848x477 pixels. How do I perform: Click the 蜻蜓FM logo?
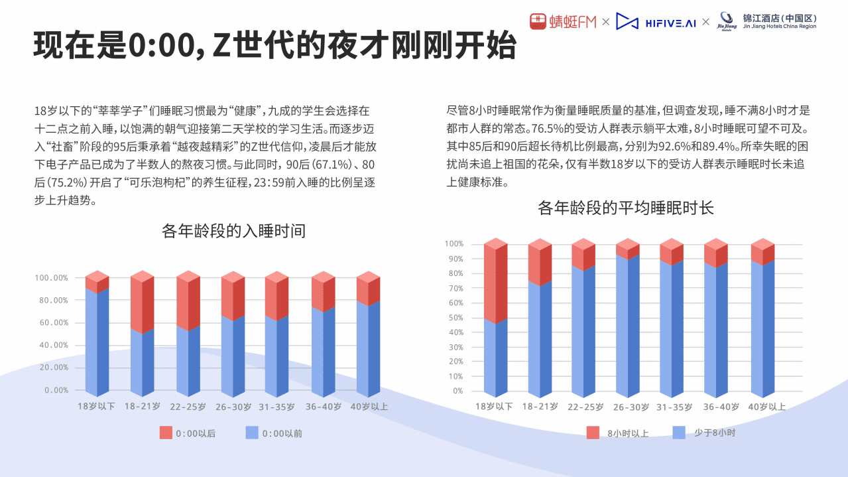coord(563,22)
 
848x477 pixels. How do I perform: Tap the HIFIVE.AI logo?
coord(656,22)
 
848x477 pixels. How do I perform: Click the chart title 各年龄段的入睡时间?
coord(233,231)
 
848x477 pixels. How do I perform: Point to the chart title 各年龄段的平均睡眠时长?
coord(625,208)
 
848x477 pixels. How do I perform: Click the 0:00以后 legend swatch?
coord(166,433)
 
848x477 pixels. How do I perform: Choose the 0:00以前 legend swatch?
coord(252,433)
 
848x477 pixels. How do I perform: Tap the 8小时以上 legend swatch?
coord(593,433)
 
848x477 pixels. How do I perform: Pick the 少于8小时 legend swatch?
coord(679,433)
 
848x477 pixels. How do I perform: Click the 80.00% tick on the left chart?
coord(51,301)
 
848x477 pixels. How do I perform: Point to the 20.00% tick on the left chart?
coord(51,368)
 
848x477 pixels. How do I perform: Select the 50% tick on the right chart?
coord(454,318)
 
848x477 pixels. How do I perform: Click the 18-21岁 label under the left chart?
coord(142,406)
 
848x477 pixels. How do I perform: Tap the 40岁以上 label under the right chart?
coord(766,407)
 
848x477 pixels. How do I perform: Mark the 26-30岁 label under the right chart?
coord(631,407)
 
